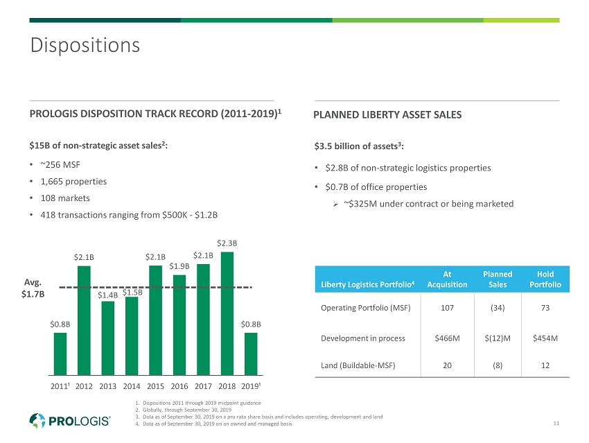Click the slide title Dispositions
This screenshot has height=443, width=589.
[85, 46]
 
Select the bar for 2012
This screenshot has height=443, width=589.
[84, 320]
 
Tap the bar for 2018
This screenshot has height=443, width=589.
[227, 313]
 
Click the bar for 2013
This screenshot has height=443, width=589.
[108, 338]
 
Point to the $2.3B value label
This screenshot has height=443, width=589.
[227, 243]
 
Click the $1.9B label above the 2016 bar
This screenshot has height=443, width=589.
[179, 266]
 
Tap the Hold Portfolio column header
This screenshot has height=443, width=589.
[545, 279]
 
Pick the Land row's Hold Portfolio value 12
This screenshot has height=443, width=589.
[545, 365]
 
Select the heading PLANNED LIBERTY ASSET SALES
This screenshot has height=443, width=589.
[387, 115]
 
